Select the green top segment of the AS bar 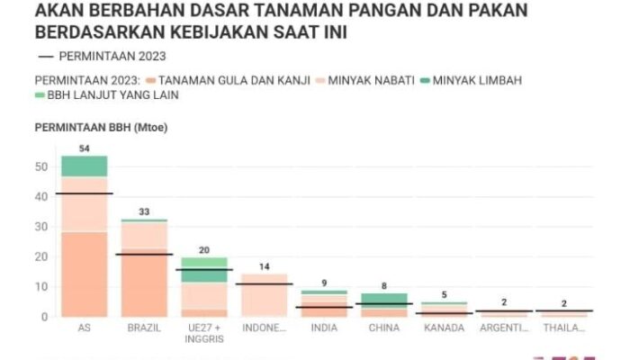coord(84,166)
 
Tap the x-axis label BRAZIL coord(144,328)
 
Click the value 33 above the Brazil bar coord(144,211)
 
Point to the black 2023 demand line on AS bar coord(84,193)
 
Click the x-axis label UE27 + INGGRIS coord(203,333)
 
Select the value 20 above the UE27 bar coord(203,250)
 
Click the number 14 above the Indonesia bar coord(264,266)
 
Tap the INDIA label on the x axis coord(324,328)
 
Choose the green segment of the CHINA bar coord(384,298)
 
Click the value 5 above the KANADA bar coord(444,294)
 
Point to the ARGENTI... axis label coord(504,328)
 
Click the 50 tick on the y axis coord(41,166)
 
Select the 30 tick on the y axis coord(41,227)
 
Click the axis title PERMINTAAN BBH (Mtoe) coord(101,128)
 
